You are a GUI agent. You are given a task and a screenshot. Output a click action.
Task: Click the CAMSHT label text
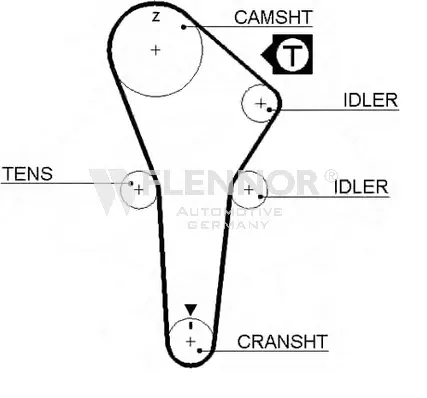273,17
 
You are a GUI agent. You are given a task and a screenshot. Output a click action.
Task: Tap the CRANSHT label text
282,342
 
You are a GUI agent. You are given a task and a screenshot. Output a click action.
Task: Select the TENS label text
27,174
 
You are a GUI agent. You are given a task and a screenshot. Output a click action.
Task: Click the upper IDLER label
371,100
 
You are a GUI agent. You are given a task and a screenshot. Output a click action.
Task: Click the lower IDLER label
361,187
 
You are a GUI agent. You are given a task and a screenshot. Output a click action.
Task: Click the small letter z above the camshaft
156,17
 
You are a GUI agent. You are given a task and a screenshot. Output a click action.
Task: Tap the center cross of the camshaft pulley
155,50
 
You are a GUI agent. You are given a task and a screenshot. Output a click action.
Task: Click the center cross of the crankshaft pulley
190,341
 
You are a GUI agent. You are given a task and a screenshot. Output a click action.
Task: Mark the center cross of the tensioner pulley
139,190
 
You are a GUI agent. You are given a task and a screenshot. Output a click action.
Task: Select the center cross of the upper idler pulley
260,103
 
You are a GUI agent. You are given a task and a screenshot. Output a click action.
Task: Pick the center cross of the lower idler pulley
249,190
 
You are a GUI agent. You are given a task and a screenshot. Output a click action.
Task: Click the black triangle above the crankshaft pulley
191,310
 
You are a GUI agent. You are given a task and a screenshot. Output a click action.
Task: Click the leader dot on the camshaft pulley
184,27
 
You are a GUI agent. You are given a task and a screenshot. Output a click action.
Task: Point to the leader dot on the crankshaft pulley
199,351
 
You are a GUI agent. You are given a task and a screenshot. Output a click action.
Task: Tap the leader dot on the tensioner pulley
131,183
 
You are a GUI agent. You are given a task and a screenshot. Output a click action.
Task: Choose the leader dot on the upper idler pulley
269,109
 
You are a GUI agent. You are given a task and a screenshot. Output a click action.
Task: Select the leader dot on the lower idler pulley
260,197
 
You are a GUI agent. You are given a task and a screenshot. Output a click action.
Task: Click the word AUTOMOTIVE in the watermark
229,212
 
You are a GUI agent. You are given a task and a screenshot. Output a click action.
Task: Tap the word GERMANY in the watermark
228,225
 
